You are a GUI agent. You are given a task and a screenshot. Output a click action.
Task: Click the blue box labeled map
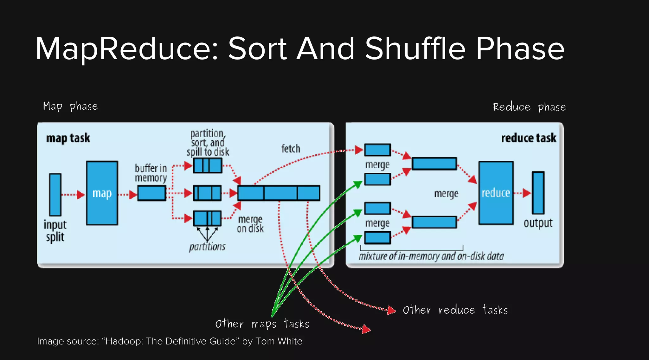coord(102,193)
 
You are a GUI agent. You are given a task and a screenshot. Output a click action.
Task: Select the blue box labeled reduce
coord(496,193)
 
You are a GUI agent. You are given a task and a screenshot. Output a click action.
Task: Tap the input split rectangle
coord(55,195)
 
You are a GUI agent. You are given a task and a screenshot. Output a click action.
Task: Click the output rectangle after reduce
coord(538,193)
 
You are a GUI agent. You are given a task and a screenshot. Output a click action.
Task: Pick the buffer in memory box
coord(151,193)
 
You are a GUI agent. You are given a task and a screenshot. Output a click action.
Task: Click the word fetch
coord(291,149)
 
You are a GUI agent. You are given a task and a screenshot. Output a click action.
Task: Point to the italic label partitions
coord(207,247)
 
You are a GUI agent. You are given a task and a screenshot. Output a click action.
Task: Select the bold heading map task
coord(68,138)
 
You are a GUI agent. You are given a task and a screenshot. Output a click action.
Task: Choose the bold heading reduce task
coord(529,138)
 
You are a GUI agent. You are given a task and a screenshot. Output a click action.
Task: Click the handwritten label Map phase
coord(70,106)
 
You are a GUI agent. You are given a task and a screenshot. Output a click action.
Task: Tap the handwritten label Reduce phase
coord(529,107)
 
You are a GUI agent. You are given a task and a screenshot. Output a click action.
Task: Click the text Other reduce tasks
coord(455,310)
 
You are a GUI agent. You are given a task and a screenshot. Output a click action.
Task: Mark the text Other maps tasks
coord(262,324)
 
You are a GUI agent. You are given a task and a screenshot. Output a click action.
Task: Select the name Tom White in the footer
coord(279,341)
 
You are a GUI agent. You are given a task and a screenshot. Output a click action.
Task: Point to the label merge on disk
coord(250,224)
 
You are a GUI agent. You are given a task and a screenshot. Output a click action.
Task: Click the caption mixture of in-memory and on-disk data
coord(431,256)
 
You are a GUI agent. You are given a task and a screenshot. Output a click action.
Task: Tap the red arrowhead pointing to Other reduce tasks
coord(392,310)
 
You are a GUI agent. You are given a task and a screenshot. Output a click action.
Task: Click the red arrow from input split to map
coord(73,195)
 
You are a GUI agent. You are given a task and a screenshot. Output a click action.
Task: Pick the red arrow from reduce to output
coord(523,193)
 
